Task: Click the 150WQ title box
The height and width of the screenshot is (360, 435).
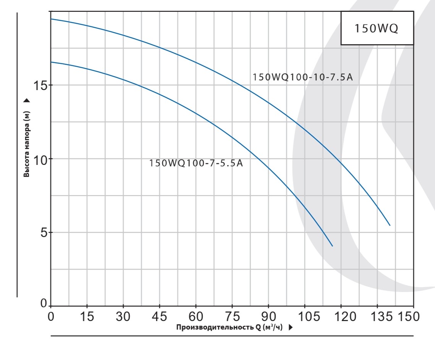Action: (377, 29)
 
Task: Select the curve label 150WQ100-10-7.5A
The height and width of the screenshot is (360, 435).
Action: (302, 77)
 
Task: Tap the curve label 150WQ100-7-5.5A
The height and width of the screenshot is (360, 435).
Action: (196, 163)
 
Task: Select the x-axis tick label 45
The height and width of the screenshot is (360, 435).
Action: (160, 317)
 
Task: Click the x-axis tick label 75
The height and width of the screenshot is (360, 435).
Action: (232, 317)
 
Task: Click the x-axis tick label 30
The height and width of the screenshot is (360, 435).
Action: (123, 317)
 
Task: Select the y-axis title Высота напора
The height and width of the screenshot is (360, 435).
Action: (27, 145)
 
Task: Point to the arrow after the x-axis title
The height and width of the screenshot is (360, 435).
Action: (291, 328)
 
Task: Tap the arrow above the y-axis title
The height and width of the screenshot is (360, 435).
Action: (27, 101)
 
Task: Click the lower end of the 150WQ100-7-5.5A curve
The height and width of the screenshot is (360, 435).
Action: (333, 246)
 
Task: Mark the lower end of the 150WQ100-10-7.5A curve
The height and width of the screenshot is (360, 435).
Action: (390, 225)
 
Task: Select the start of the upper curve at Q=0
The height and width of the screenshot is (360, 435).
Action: (51, 19)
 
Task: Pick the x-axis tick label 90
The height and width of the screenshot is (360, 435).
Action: (268, 317)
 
